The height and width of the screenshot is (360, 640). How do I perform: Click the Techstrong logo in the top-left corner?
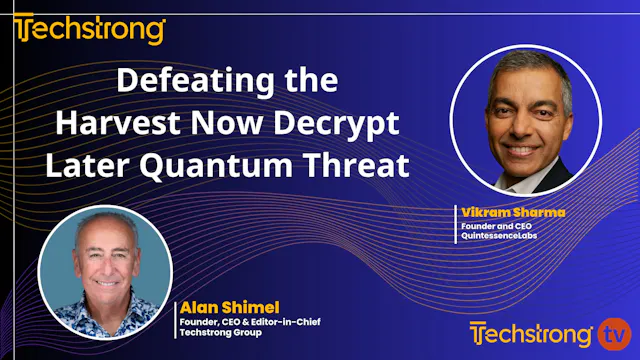click(x=90, y=29)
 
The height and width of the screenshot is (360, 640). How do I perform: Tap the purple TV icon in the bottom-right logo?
click(x=611, y=331)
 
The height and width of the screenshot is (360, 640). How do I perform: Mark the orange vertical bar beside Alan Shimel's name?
click(x=176, y=316)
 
